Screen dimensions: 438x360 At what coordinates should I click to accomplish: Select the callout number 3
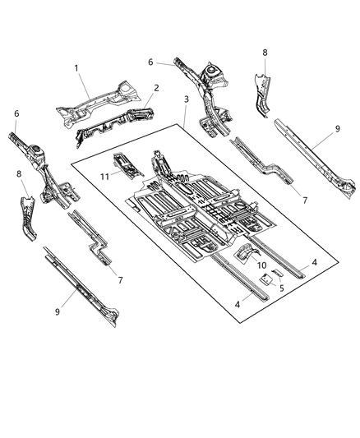click(188, 99)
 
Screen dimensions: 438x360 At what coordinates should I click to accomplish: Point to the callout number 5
click(281, 288)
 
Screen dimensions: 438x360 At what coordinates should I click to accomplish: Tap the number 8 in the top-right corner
click(264, 53)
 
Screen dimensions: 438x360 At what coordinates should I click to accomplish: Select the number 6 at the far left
click(15, 114)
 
